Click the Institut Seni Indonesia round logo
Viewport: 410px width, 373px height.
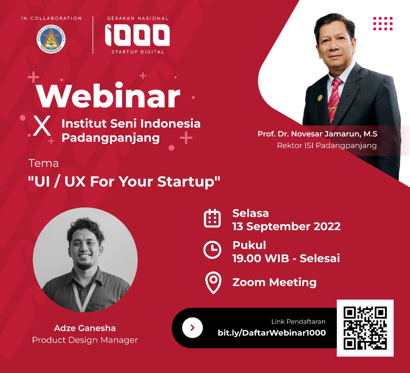(51, 39)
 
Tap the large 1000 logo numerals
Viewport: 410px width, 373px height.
(137, 35)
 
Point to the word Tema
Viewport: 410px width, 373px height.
(44, 163)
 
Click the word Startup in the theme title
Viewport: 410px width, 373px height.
(189, 182)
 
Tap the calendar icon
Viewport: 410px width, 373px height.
(212, 218)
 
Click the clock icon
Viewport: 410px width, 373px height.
(212, 250)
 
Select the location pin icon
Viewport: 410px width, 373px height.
(213, 283)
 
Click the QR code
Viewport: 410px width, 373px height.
(365, 328)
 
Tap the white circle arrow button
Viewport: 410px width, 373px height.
(192, 328)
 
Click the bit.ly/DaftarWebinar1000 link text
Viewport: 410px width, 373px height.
(272, 333)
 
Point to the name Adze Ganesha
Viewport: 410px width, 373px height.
(85, 328)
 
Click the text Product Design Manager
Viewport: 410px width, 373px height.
(85, 340)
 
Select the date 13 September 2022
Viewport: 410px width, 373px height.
(286, 226)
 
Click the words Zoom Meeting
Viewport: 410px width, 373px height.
(275, 282)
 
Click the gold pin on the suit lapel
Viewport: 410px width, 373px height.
(320, 97)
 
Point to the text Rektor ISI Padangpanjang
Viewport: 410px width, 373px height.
(327, 146)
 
